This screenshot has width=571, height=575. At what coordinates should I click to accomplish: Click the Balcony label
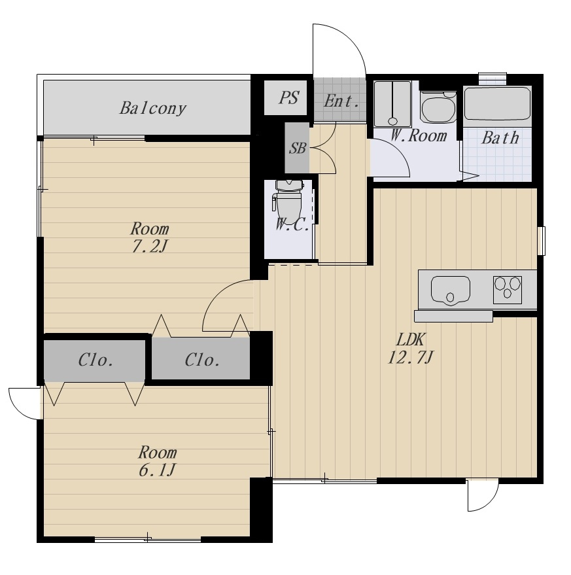pyautogui.click(x=153, y=109)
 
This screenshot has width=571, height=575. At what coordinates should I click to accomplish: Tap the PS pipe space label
pyautogui.click(x=288, y=97)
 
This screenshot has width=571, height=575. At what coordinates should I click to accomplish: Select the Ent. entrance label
pyautogui.click(x=341, y=101)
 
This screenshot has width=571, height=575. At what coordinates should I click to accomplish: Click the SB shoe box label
pyautogui.click(x=298, y=148)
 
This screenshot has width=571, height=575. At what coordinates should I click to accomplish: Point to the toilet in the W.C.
pyautogui.click(x=288, y=201)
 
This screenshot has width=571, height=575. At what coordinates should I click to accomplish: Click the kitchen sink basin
pyautogui.click(x=451, y=290)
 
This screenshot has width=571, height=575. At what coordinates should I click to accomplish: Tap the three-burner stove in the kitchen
pyautogui.click(x=507, y=290)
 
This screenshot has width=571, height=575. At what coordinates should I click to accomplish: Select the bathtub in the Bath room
pyautogui.click(x=497, y=103)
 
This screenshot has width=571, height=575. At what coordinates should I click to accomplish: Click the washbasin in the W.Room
pyautogui.click(x=438, y=108)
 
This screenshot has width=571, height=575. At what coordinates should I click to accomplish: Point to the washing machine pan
pyautogui.click(x=392, y=104)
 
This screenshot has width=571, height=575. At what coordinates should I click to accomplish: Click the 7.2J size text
pyautogui.click(x=150, y=246)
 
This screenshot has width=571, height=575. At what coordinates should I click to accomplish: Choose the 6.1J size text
pyautogui.click(x=158, y=470)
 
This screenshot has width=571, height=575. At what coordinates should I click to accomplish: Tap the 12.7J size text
pyautogui.click(x=411, y=357)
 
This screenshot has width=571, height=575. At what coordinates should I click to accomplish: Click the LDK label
pyautogui.click(x=411, y=340)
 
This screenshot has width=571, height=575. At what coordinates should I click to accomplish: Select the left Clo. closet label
pyautogui.click(x=95, y=360)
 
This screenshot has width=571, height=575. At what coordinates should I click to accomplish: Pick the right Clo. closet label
pyautogui.click(x=203, y=360)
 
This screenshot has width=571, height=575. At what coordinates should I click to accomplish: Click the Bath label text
pyautogui.click(x=500, y=138)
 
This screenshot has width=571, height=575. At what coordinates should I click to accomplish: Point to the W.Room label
pyautogui.click(x=419, y=135)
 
